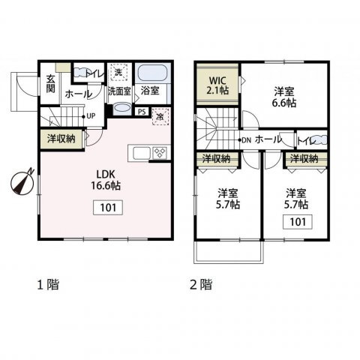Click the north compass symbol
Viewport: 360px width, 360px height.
click(22, 181)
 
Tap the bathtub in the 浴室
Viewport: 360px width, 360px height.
click(152, 73)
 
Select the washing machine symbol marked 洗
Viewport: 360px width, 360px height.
click(119, 72)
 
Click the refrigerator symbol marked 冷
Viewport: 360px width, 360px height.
click(160, 116)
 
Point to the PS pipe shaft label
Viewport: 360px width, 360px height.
click(142, 112)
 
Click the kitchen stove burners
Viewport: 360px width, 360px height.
click(160, 152)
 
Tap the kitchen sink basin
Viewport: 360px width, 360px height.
click(142, 153)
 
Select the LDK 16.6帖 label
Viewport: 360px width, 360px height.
click(106, 180)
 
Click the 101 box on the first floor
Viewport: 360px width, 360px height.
click(108, 208)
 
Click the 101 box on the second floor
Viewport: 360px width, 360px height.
click(298, 222)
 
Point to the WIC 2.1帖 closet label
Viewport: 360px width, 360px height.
click(217, 85)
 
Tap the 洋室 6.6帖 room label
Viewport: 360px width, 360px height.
click(284, 97)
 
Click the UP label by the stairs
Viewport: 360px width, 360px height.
click(91, 116)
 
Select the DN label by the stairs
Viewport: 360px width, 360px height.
click(246, 140)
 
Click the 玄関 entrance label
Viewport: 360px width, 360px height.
click(50, 84)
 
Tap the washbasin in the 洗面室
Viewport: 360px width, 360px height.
click(122, 109)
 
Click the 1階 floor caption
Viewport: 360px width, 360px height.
click(48, 284)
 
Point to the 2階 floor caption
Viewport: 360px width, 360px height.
click(201, 284)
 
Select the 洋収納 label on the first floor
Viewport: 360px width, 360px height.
click(61, 139)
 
